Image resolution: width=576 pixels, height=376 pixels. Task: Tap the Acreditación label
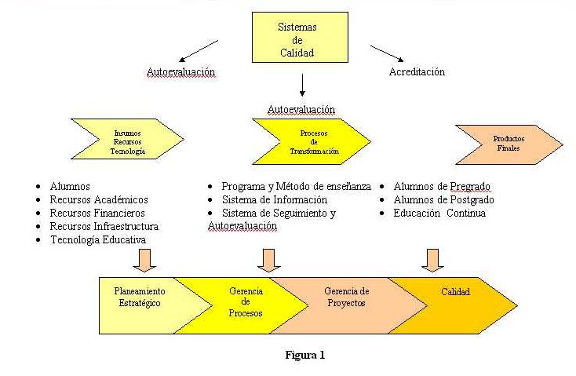417,72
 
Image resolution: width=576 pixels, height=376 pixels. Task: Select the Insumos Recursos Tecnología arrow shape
127,141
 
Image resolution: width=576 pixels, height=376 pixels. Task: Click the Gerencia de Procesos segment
246,305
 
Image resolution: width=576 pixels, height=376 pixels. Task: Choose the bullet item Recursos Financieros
97,213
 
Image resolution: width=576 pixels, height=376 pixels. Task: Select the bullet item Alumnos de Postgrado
443,199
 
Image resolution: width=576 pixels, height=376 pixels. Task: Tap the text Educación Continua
439,213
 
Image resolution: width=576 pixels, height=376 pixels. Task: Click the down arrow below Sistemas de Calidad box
302,84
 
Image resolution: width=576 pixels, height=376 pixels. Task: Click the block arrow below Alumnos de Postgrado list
431,259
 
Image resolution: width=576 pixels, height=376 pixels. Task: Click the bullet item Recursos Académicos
99,199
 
